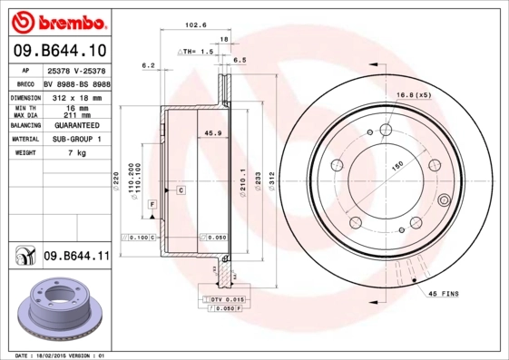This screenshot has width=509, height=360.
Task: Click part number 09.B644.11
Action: [x=76, y=257]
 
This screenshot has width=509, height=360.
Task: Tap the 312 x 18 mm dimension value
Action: [x=75, y=96]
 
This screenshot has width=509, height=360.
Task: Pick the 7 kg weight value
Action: [x=76, y=153]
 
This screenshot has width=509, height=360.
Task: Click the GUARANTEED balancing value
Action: [x=76, y=125]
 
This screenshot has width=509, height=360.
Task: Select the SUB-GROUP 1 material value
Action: [x=76, y=140]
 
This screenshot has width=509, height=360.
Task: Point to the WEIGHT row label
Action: [x=24, y=153]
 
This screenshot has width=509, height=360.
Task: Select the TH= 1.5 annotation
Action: [x=198, y=53]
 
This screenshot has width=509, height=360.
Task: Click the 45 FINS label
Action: [x=443, y=294]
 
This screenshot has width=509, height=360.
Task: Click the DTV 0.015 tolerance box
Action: [x=228, y=298]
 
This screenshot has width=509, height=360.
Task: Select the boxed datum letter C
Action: [x=181, y=190]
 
